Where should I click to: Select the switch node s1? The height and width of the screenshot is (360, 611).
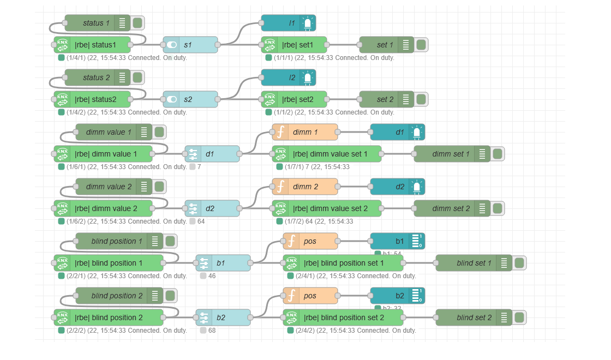click(190, 45)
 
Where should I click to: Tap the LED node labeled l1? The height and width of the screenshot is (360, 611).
click(288, 23)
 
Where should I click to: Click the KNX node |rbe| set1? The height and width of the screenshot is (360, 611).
click(294, 45)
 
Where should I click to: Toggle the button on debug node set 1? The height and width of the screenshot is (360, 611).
click(421, 45)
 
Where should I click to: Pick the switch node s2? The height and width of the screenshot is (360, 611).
click(190, 99)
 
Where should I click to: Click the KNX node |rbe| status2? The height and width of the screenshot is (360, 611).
click(92, 99)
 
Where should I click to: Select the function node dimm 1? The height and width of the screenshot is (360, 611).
click(305, 132)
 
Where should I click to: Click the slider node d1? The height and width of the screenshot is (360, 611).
click(212, 154)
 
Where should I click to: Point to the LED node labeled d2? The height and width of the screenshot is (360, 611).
click(397, 187)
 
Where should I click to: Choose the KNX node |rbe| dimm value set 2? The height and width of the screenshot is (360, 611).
click(327, 208)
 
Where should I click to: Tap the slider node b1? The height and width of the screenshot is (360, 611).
click(223, 263)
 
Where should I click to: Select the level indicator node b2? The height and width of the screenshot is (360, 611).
click(397, 296)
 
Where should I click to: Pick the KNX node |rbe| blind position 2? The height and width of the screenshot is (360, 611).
click(109, 317)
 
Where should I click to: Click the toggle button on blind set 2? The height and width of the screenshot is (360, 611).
click(519, 317)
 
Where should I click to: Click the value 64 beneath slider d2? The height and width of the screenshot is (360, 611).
click(201, 221)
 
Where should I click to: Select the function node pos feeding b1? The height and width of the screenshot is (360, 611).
click(310, 241)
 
